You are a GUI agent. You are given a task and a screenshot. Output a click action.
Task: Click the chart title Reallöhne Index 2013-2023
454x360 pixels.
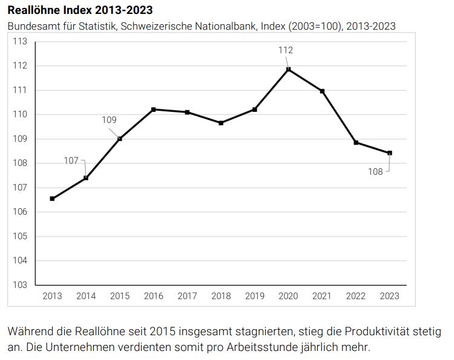click(80, 10)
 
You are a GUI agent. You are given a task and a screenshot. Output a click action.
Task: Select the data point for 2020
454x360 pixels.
click(288, 70)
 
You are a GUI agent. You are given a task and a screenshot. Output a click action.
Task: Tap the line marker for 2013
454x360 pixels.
click(53, 198)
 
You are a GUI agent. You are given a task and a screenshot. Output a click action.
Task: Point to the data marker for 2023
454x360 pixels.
click(389, 153)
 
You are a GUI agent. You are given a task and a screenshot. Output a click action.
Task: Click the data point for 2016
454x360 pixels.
click(154, 110)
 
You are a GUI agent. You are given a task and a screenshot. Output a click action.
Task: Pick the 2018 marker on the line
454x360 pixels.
click(221, 123)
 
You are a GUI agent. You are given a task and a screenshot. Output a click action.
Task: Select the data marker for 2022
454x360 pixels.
click(356, 143)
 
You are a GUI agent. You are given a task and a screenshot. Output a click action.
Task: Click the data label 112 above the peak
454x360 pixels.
click(286, 50)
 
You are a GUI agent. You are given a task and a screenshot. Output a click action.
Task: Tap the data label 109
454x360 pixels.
click(109, 120)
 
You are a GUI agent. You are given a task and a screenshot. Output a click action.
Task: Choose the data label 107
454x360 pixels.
click(71, 160)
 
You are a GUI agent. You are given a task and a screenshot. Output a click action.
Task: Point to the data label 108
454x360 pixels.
click(375, 171)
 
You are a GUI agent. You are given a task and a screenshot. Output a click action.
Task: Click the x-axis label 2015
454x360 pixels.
click(120, 296)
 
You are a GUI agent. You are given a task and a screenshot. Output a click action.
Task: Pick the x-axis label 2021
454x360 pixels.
click(322, 296)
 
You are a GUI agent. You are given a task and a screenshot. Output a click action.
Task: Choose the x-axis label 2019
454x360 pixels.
click(255, 296)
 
